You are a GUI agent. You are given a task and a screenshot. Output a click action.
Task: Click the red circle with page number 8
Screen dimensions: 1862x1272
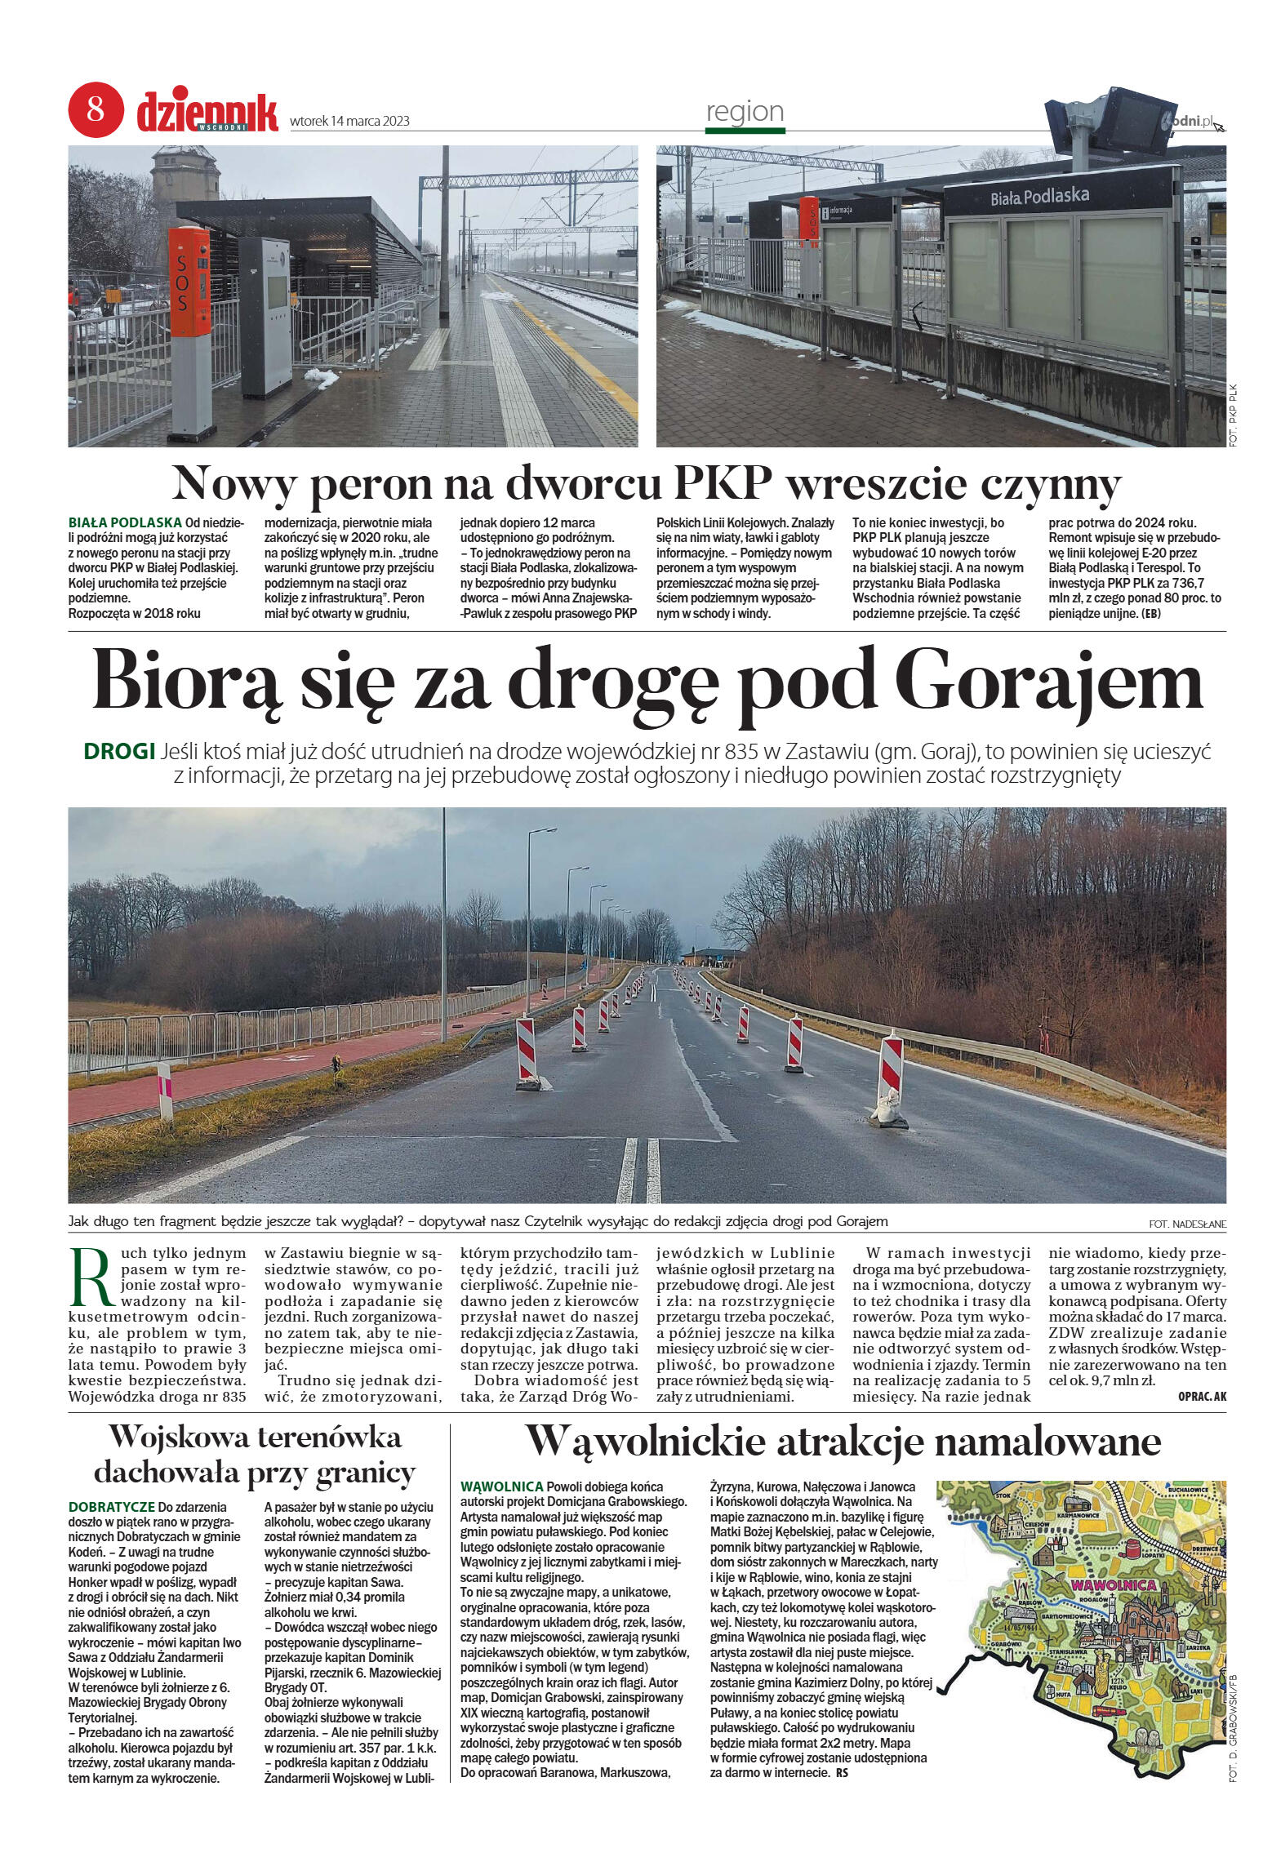coord(96,109)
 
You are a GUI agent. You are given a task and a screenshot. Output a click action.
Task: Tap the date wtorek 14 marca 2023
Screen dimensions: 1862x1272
coord(349,122)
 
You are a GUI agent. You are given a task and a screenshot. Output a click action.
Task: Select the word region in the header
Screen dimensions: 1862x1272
coord(745,111)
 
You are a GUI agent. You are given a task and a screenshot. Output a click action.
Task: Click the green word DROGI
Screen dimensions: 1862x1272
coord(119,750)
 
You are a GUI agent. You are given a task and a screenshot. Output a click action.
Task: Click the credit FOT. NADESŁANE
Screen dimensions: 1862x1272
coord(1186,1224)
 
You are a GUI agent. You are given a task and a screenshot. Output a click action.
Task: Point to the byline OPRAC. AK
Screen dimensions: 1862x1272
coord(1203,1396)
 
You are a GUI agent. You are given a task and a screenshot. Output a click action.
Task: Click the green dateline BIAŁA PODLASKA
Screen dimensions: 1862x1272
coord(124,521)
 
